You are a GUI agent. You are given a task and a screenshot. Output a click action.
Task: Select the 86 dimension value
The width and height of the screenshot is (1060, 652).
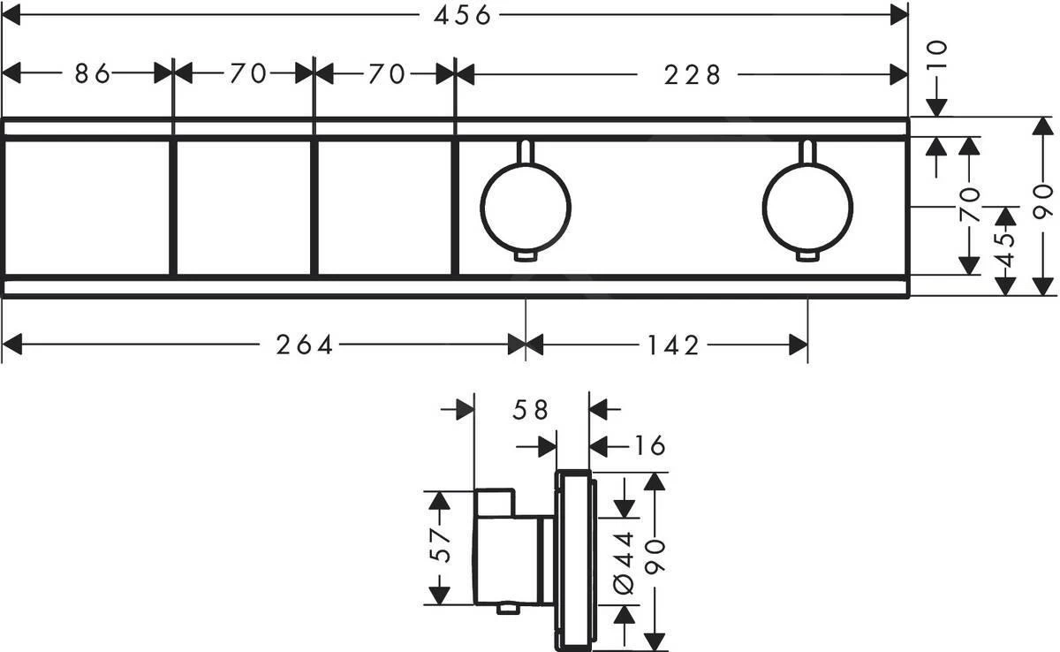[92, 74]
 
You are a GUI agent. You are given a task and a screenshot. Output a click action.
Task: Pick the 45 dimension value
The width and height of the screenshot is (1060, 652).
[1004, 251]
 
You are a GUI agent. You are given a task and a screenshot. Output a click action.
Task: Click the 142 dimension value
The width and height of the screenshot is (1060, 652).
[669, 345]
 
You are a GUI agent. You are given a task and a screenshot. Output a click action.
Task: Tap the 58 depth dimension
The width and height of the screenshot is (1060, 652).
[530, 410]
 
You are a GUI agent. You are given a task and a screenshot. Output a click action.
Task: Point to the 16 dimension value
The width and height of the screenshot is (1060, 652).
[650, 445]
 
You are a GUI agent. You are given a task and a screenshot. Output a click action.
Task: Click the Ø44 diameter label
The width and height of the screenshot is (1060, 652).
[625, 560]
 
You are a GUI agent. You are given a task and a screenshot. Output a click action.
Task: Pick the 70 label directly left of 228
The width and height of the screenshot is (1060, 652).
[386, 74]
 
